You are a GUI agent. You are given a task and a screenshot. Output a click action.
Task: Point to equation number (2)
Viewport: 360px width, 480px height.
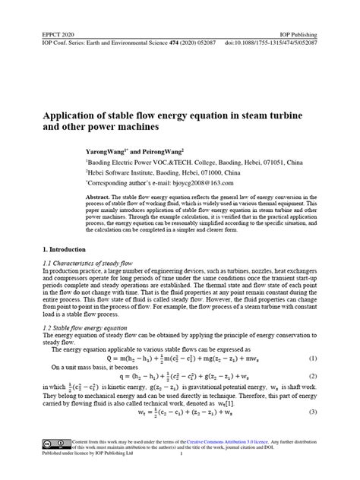[x=313, y=376]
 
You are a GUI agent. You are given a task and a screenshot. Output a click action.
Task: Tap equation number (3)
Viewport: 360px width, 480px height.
[x=313, y=413]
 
